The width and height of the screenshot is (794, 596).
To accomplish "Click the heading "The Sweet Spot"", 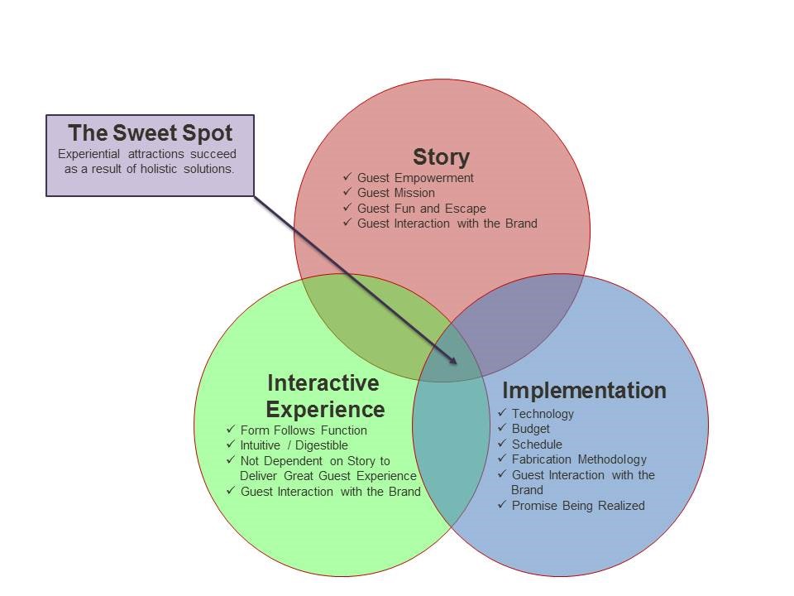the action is pos(151,133).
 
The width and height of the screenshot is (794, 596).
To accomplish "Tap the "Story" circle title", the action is pos(441,157).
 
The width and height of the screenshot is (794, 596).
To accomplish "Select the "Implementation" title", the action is pos(585,391).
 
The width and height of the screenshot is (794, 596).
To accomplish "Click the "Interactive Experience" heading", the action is pos(324,397).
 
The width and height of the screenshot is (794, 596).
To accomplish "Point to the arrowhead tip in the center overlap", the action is pos(457,363).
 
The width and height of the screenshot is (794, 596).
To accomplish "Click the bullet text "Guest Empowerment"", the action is pos(415,178).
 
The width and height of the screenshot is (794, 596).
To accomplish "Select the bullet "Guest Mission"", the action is pos(396,193).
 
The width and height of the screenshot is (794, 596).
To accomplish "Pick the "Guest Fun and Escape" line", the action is pos(422,209).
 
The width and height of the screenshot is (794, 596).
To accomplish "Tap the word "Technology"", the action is pos(543,414).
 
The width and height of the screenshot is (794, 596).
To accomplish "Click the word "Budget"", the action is pos(531,429).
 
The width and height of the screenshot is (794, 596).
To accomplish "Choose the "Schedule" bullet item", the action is pos(537,445).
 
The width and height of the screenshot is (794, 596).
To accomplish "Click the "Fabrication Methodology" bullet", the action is pos(579,459).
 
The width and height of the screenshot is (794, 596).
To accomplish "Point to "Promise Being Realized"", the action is pos(578,506).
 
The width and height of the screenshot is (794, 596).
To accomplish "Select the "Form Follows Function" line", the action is pos(304,430).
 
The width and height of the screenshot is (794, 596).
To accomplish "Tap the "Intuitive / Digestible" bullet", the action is pos(294,445).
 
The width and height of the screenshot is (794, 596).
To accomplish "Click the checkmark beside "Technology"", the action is pos(502,412).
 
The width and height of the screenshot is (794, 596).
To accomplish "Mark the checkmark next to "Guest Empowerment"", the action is pos(347,176).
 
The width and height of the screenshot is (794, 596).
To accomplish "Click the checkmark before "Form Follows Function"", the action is pos(231,430).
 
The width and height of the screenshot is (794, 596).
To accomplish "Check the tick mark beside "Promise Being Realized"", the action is pos(502,504).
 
